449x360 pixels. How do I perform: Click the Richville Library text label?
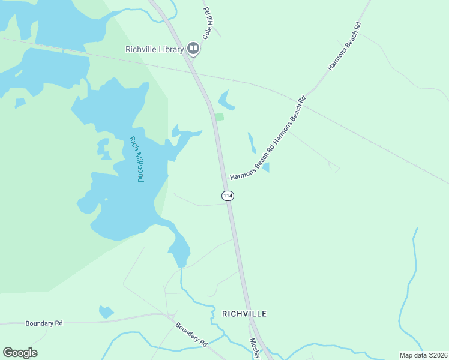pyautogui.click(x=154, y=49)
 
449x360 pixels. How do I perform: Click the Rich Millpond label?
pyautogui.click(x=137, y=159)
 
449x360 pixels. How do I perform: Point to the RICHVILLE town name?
pyautogui.click(x=244, y=313)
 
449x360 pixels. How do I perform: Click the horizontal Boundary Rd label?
pyautogui.click(x=44, y=323)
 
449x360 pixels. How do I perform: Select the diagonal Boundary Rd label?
pyautogui.click(x=191, y=335)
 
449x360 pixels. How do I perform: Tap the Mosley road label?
pyautogui.click(x=256, y=348)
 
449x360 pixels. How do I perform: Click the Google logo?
pyautogui.click(x=20, y=352)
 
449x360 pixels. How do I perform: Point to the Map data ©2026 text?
pyautogui.click(x=423, y=355)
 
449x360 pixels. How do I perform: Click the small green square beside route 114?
pyautogui.click(x=220, y=116)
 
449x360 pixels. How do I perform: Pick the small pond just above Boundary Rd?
pyautogui.click(x=106, y=311)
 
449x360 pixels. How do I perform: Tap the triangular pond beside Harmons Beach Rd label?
pyautogui.click(x=266, y=167)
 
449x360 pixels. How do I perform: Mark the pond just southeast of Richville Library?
pyautogui.click(x=225, y=100)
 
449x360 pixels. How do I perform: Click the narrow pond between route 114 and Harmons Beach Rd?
pyautogui.click(x=252, y=142)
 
